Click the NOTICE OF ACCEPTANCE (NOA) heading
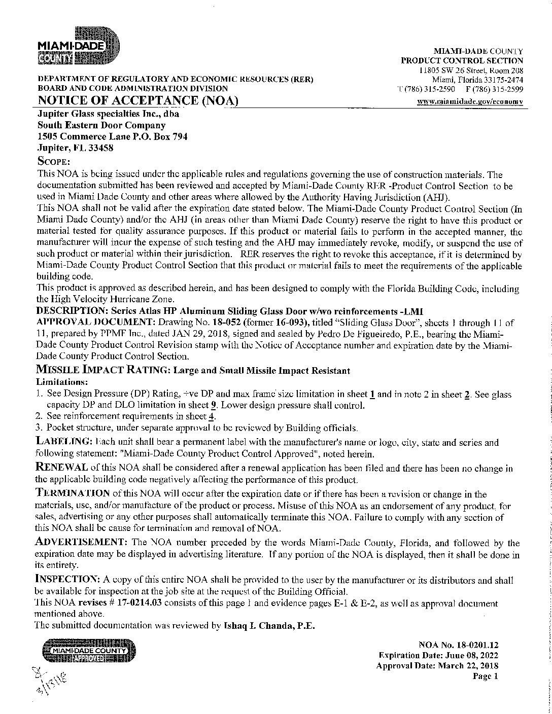[138, 100]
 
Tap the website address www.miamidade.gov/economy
[470, 101]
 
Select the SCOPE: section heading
[53, 161]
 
